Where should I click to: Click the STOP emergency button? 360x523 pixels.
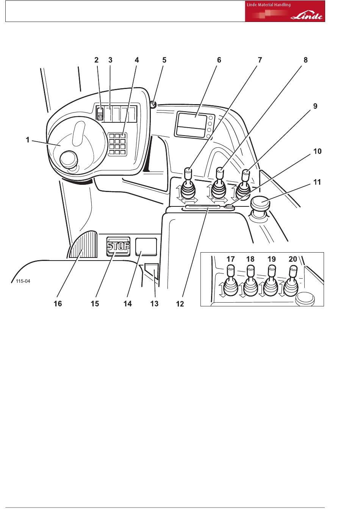pos(118,246)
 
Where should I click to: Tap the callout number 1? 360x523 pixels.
pos(28,140)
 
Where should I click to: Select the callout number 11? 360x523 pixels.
pos(317,182)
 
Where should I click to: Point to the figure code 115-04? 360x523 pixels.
pos(23,281)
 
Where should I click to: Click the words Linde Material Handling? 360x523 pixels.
pos(269,5)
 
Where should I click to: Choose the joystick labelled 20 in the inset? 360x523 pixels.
pos(291,281)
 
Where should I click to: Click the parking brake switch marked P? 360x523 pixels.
pos(100,114)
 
